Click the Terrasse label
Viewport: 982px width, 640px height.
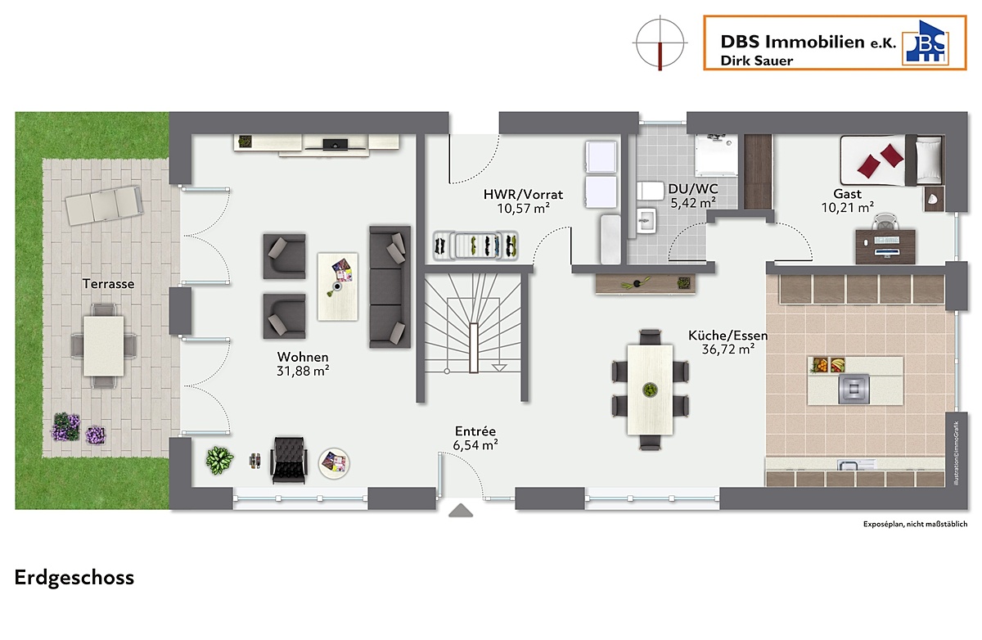pos(108,284)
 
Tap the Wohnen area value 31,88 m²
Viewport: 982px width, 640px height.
pos(303,372)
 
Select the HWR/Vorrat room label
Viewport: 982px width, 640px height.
pos(523,195)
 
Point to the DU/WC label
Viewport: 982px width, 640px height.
pos(693,189)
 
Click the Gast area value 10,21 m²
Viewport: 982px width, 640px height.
pos(848,207)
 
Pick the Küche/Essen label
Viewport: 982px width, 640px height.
pos(728,336)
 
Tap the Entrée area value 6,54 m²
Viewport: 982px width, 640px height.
pos(475,445)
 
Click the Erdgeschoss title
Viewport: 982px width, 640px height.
pos(74,578)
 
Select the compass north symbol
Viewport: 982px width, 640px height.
pos(660,43)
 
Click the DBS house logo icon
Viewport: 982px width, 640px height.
pos(926,42)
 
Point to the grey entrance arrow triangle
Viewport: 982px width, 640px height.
pos(461,511)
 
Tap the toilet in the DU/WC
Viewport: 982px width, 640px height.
pos(650,192)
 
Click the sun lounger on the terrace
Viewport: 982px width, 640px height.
pos(104,205)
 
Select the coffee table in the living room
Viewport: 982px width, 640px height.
pos(337,286)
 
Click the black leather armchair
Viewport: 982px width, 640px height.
pos(289,460)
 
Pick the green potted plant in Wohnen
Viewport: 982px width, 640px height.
pos(219,461)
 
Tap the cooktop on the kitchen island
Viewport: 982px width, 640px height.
pos(854,389)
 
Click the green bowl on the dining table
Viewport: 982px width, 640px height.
pos(650,390)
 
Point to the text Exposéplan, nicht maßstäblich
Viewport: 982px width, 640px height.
pos(916,525)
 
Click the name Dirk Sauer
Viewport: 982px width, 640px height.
pos(757,61)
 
